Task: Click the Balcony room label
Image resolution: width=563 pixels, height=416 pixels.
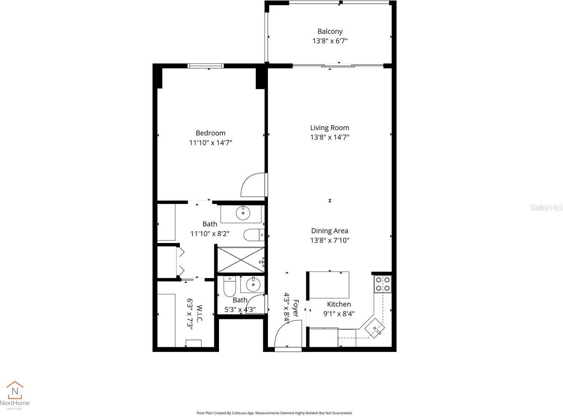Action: (330, 31)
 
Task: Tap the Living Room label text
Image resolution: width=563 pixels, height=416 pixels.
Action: (330, 127)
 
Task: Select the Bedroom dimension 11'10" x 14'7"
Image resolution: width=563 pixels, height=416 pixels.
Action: (210, 143)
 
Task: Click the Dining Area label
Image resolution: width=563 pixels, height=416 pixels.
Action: (330, 231)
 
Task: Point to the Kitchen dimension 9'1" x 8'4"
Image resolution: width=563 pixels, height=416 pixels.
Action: (339, 314)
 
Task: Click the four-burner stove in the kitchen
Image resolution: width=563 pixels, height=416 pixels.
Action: (383, 284)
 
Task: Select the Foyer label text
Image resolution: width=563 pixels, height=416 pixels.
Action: (295, 308)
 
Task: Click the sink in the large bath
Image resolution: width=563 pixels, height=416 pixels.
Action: (243, 213)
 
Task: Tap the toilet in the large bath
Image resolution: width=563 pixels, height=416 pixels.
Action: (253, 235)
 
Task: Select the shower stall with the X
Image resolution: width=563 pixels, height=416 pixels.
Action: (240, 260)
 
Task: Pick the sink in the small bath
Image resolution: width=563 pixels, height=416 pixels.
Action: (253, 285)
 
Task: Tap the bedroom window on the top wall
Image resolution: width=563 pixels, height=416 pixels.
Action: (205, 66)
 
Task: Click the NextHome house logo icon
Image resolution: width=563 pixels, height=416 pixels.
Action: (15, 390)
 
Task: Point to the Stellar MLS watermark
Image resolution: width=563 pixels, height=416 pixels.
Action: (546, 207)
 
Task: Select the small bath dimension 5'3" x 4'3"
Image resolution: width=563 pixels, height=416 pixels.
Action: (240, 310)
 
